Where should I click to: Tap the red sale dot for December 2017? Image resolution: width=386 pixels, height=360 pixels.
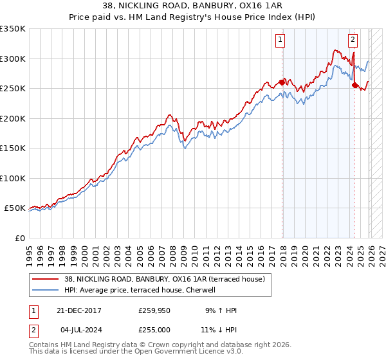[282, 82]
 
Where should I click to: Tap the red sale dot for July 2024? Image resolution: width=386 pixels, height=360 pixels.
[354, 85]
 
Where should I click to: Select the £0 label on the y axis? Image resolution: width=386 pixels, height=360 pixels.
[19, 238]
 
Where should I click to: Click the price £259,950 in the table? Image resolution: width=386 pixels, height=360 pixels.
[154, 310]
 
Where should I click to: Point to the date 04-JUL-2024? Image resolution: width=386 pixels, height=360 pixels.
[78, 328]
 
